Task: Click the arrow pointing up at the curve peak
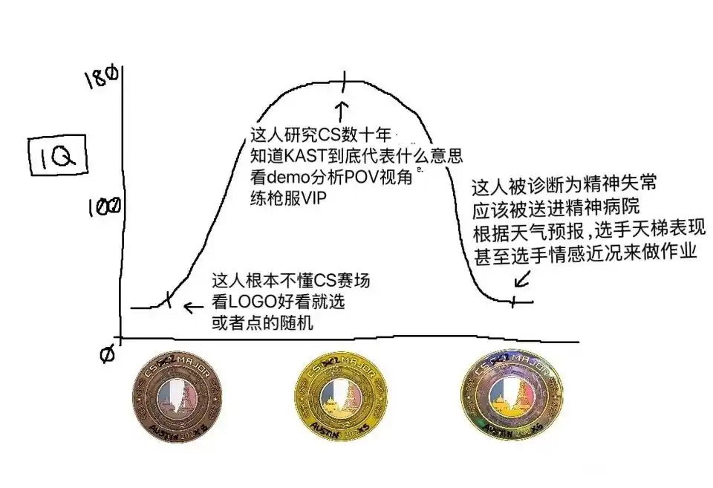[342, 111]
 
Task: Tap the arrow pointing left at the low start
[194, 306]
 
